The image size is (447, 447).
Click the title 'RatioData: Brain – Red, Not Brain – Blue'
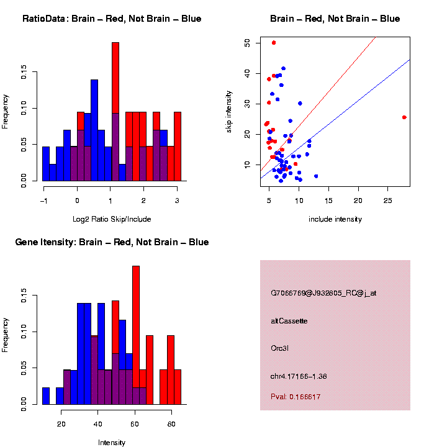coord(112,19)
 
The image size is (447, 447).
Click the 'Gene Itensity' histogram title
coord(112,242)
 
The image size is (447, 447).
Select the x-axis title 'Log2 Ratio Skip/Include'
coord(112,219)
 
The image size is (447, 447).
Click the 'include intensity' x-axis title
coord(335,219)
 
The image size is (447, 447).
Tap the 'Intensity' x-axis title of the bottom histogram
coord(112,443)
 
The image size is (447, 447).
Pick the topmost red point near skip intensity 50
coord(274,43)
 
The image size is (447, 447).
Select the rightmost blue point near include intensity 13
coord(316,176)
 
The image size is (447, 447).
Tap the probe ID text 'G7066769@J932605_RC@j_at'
coord(323,293)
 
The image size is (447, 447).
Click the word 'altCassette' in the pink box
coord(289,321)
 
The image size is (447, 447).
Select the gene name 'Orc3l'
coord(280,348)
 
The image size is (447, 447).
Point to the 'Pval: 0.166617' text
coord(296,397)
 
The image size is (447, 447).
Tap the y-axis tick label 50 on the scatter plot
coord(247,43)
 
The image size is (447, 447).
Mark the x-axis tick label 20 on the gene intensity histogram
coord(61,423)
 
